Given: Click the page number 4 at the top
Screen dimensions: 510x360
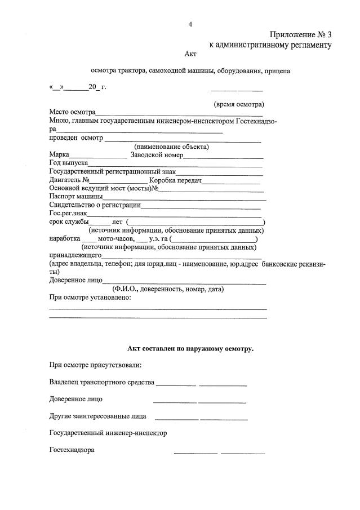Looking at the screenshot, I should (x=190, y=24).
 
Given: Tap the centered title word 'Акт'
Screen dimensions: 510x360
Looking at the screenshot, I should (x=190, y=54).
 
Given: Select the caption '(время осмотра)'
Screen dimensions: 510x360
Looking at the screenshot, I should (x=239, y=104).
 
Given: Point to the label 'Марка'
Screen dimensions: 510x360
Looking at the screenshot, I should (x=59, y=154).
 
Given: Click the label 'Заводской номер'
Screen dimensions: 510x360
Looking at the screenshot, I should (x=156, y=154).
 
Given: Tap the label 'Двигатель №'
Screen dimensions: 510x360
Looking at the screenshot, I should (x=70, y=180).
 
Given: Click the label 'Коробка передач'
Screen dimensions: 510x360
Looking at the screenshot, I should (x=175, y=180).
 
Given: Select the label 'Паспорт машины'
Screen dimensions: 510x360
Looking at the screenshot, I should (x=76, y=196).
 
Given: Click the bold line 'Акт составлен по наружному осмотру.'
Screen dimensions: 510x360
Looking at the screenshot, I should (x=190, y=349).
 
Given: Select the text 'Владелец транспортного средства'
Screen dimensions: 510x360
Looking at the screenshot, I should (x=102, y=383).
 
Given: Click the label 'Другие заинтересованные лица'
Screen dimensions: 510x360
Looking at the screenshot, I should (x=98, y=416).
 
